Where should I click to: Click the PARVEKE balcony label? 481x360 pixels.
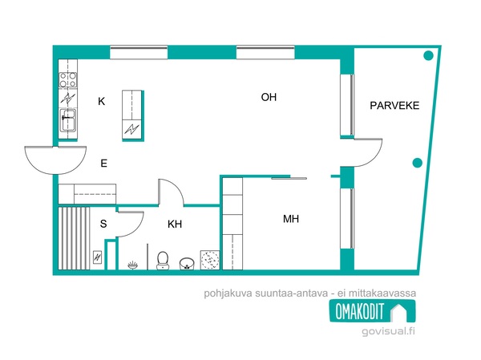[394, 106]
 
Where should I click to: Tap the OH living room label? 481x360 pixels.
[269, 97]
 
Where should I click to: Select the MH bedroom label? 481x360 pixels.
[291, 219]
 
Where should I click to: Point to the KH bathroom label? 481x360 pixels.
[175, 224]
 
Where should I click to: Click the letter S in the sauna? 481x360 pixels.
[103, 224]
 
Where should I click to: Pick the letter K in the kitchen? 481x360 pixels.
[102, 101]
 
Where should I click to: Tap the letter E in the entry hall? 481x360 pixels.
[104, 164]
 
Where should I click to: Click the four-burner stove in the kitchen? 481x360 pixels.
[68, 79]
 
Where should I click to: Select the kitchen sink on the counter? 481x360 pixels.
[68, 119]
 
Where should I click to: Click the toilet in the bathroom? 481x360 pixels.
[163, 261]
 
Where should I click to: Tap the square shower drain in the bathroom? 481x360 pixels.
[210, 260]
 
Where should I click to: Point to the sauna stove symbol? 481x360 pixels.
[98, 257]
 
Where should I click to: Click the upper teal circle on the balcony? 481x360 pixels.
[428, 55]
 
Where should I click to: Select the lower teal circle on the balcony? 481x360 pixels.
[417, 163]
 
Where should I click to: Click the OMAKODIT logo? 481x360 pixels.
[373, 311]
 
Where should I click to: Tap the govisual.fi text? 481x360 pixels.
[388, 331]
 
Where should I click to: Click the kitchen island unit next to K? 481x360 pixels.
[133, 115]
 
